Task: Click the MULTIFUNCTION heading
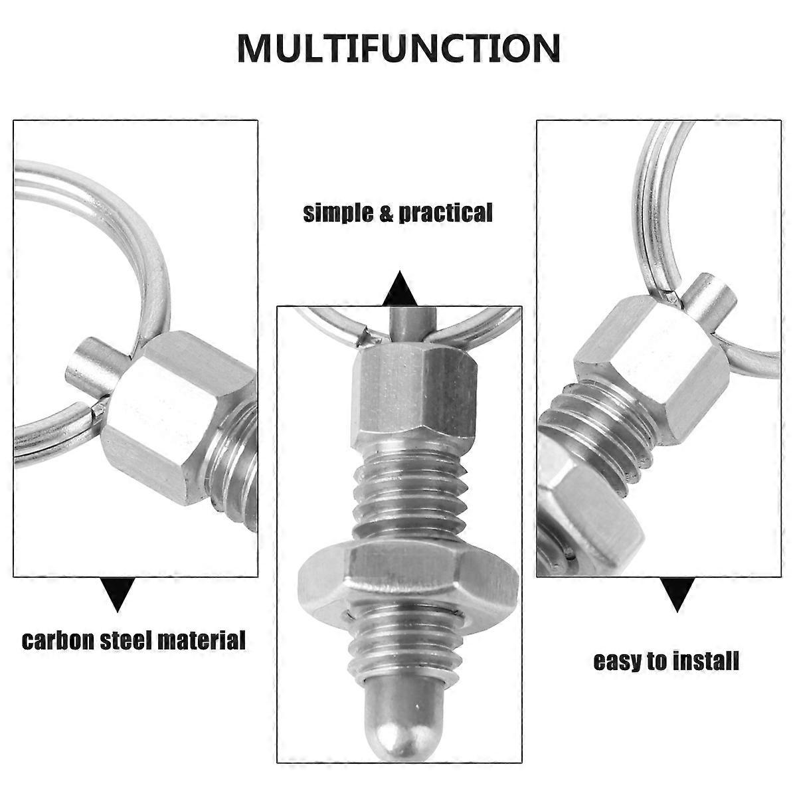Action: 398,48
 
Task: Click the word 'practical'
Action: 446,213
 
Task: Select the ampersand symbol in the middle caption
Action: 385,213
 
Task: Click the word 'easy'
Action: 618,673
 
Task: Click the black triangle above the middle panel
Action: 399,288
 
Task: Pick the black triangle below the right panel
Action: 677,594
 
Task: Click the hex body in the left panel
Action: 179,418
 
